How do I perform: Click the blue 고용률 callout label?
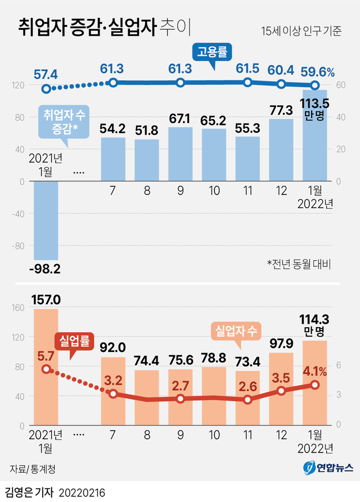click(x=212, y=53)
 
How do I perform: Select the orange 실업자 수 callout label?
click(x=235, y=331)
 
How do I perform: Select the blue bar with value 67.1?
click(x=181, y=154)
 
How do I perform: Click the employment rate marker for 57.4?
click(x=46, y=89)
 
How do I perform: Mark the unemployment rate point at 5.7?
click(x=46, y=369)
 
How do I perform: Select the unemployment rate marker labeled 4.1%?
click(x=315, y=385)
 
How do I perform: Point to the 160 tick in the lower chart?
click(x=17, y=307)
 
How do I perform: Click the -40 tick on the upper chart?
click(x=17, y=214)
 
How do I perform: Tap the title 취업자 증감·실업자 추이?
click(x=105, y=26)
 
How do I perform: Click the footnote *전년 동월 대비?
click(x=299, y=263)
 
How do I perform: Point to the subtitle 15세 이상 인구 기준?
click(x=301, y=31)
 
